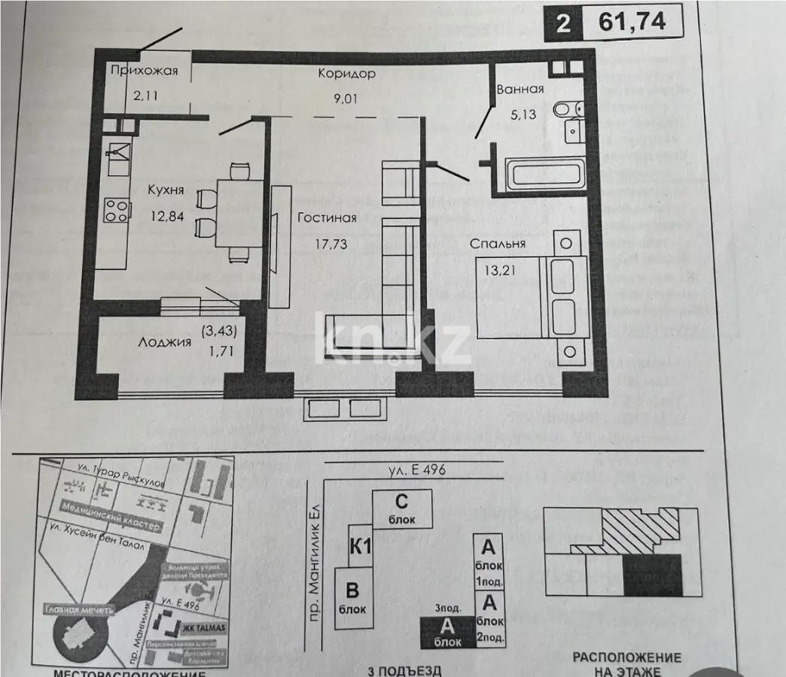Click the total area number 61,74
pyautogui.click(x=632, y=21)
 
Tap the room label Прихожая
pyautogui.click(x=144, y=71)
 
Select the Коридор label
pyautogui.click(x=346, y=74)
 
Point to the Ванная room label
pyautogui.click(x=519, y=90)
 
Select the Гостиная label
pyautogui.click(x=326, y=219)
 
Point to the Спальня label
pyautogui.click(x=498, y=244)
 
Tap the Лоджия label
pyautogui.click(x=164, y=342)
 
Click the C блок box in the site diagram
pyautogui.click(x=403, y=508)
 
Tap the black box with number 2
pyautogui.click(x=562, y=22)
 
